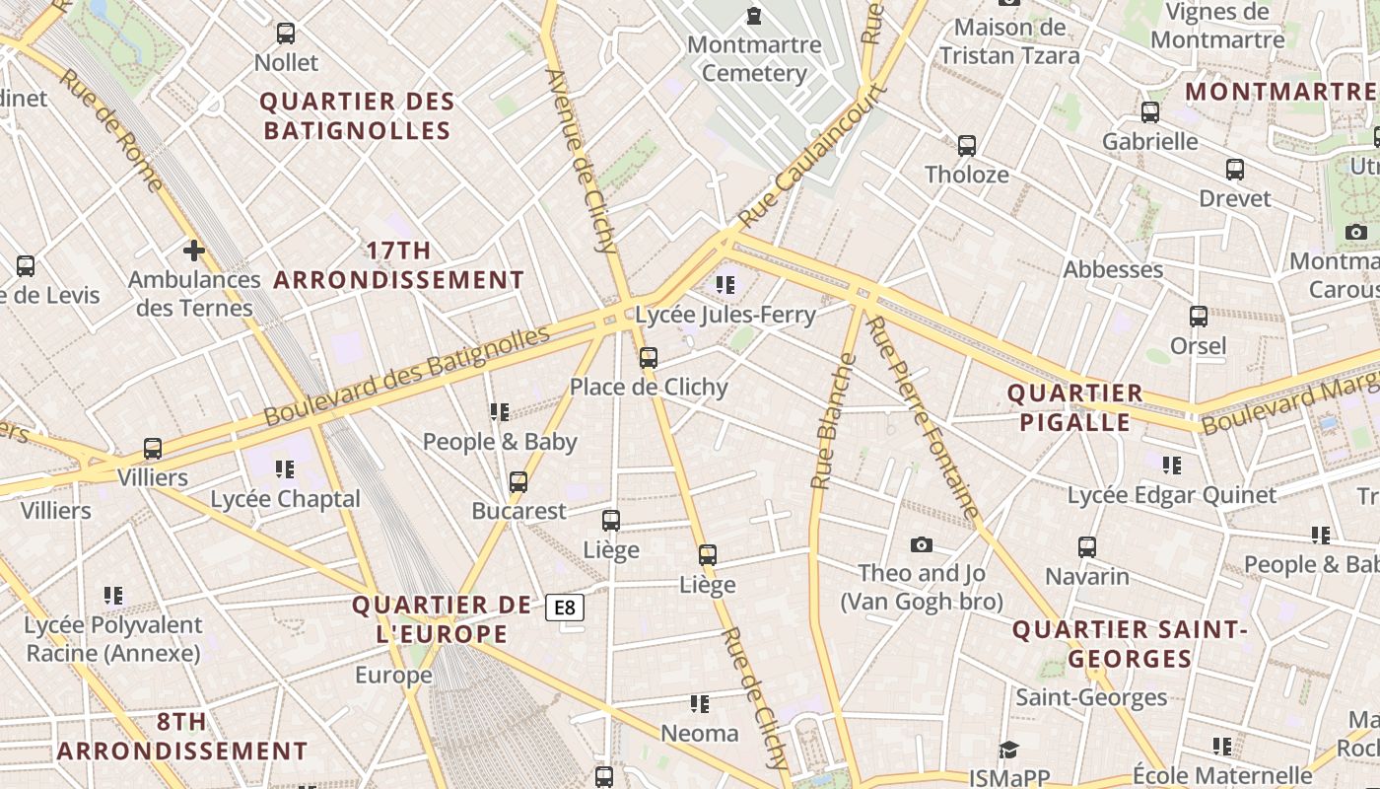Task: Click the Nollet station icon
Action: (x=286, y=34)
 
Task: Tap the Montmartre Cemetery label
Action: (x=754, y=59)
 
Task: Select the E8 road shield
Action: (x=565, y=608)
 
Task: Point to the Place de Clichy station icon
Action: (x=649, y=358)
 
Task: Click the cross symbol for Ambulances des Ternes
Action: (x=194, y=250)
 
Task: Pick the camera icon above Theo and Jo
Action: (x=922, y=544)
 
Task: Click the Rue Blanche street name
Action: (x=833, y=421)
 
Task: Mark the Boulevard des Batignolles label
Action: (x=407, y=376)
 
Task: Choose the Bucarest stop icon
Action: (x=518, y=482)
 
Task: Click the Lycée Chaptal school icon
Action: (x=285, y=469)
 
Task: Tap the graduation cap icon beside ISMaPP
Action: (x=1008, y=750)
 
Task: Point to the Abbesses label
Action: (x=1113, y=269)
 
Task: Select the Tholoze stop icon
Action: (x=967, y=146)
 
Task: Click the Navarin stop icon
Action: (x=1087, y=546)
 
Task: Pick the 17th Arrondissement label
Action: (x=398, y=265)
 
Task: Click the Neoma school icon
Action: (x=700, y=704)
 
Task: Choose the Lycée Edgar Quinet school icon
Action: (x=1172, y=465)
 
